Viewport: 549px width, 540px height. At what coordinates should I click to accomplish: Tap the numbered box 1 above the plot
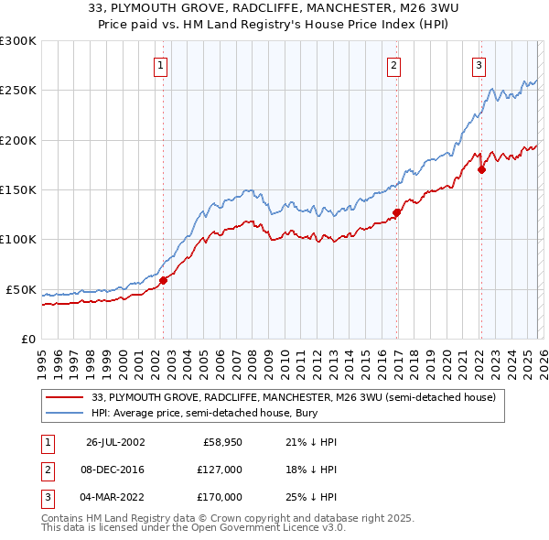[x=161, y=65]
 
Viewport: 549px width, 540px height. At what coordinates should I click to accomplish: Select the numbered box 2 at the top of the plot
[x=393, y=65]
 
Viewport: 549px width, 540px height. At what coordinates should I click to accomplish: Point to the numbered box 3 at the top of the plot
[x=479, y=65]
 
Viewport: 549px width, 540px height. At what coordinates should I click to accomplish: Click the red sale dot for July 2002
[x=164, y=280]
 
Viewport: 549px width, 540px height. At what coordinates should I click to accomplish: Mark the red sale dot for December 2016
[x=396, y=212]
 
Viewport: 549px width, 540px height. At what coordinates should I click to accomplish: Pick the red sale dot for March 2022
[x=481, y=169]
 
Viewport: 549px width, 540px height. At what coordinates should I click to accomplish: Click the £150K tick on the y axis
[x=17, y=189]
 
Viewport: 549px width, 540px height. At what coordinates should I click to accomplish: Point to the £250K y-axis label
[x=17, y=91]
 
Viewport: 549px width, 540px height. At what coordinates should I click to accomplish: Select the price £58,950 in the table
[x=221, y=442]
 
